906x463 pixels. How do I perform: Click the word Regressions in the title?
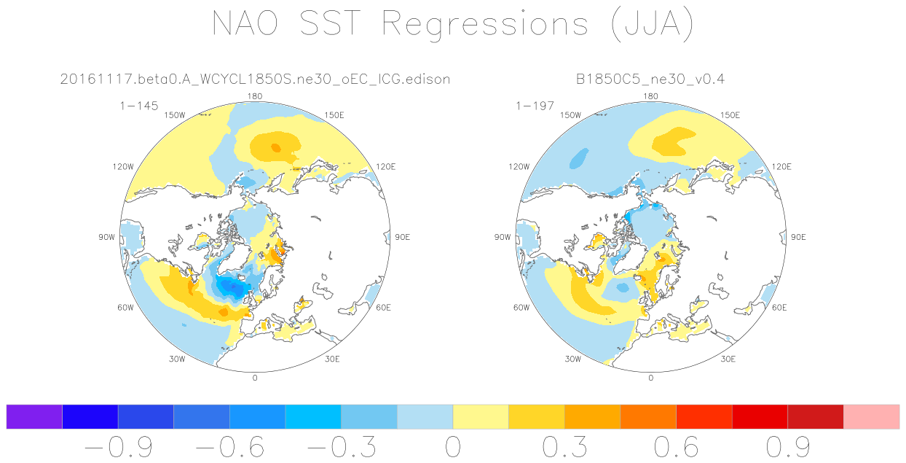pyautogui.click(x=485, y=24)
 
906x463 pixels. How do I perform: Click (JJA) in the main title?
pyautogui.click(x=650, y=26)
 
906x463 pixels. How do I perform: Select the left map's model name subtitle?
pyautogui.click(x=255, y=79)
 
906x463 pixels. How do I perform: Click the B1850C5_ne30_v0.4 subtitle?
pyautogui.click(x=650, y=79)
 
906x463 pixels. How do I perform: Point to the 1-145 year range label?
pyautogui.click(x=139, y=106)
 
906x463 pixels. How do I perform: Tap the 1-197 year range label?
pyautogui.click(x=535, y=106)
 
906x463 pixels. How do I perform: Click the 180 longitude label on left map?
pyautogui.click(x=255, y=96)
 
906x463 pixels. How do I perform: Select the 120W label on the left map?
pyautogui.click(x=123, y=167)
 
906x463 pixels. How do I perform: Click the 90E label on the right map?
pyautogui.click(x=798, y=237)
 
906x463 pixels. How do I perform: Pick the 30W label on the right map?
pyautogui.click(x=572, y=359)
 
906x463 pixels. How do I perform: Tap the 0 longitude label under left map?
pyautogui.click(x=255, y=378)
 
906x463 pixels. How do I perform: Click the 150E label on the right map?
pyautogui.click(x=730, y=115)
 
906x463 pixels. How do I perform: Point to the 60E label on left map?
pyautogui.click(x=384, y=307)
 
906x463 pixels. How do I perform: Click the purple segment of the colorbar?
pyautogui.click(x=34, y=416)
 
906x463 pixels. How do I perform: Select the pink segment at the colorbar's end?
pyautogui.click(x=871, y=416)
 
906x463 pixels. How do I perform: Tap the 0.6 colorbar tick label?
pyautogui.click(x=677, y=446)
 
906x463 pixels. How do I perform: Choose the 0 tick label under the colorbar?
pyautogui.click(x=452, y=446)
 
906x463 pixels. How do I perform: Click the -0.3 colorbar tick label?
pyautogui.click(x=341, y=446)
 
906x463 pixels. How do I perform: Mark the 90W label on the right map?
pyautogui.click(x=502, y=237)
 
